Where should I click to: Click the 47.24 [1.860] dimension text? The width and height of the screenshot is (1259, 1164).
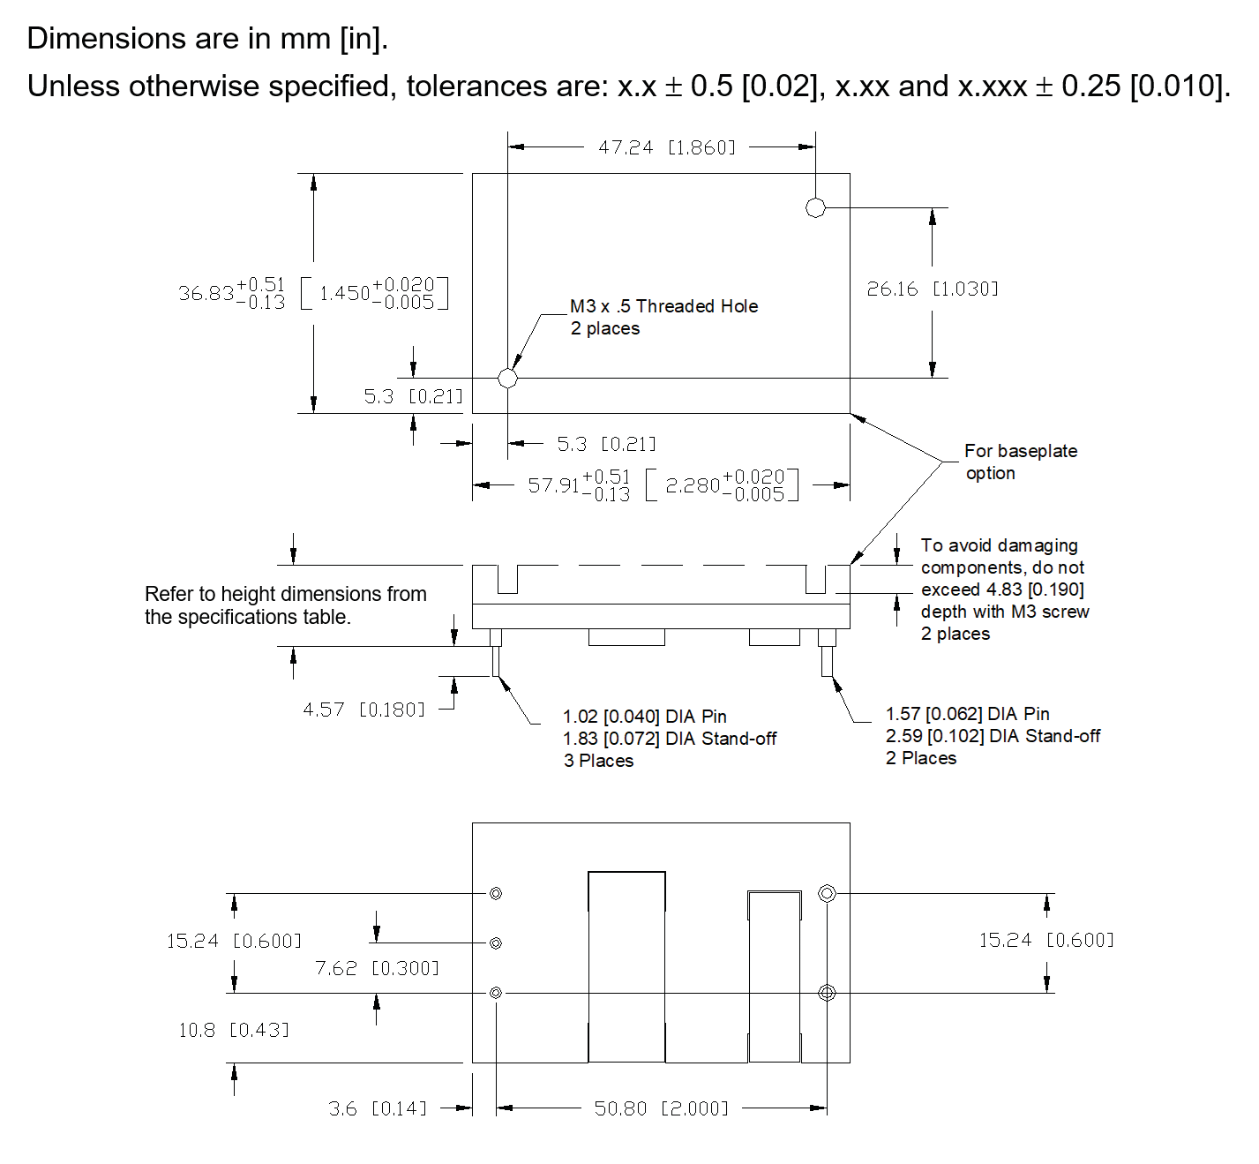666,147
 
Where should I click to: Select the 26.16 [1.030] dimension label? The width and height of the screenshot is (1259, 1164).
932,289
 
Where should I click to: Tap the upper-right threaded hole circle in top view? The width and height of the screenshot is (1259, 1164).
815,207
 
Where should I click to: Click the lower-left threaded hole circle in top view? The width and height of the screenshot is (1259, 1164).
507,378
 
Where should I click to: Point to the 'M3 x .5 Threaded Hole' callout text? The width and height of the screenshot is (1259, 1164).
663,306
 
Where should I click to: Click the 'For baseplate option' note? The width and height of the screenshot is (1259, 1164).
1020,462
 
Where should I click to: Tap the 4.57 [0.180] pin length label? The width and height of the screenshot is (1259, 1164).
363,710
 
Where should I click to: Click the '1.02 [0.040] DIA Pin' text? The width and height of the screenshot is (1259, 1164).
644,717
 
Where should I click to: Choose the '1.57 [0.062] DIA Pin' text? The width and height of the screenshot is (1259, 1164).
967,714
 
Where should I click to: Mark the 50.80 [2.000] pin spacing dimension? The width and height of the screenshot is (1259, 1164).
661,1108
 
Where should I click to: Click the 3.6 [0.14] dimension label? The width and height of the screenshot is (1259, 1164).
378,1108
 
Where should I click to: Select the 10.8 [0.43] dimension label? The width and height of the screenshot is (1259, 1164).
233,1030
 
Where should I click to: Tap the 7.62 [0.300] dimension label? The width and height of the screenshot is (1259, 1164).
377,968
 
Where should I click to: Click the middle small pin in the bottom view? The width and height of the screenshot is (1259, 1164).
496,943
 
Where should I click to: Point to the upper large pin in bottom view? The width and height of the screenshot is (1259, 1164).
827,893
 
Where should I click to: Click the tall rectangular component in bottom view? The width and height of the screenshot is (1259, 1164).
626,966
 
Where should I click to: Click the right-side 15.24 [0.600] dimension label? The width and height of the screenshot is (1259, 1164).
1045,940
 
